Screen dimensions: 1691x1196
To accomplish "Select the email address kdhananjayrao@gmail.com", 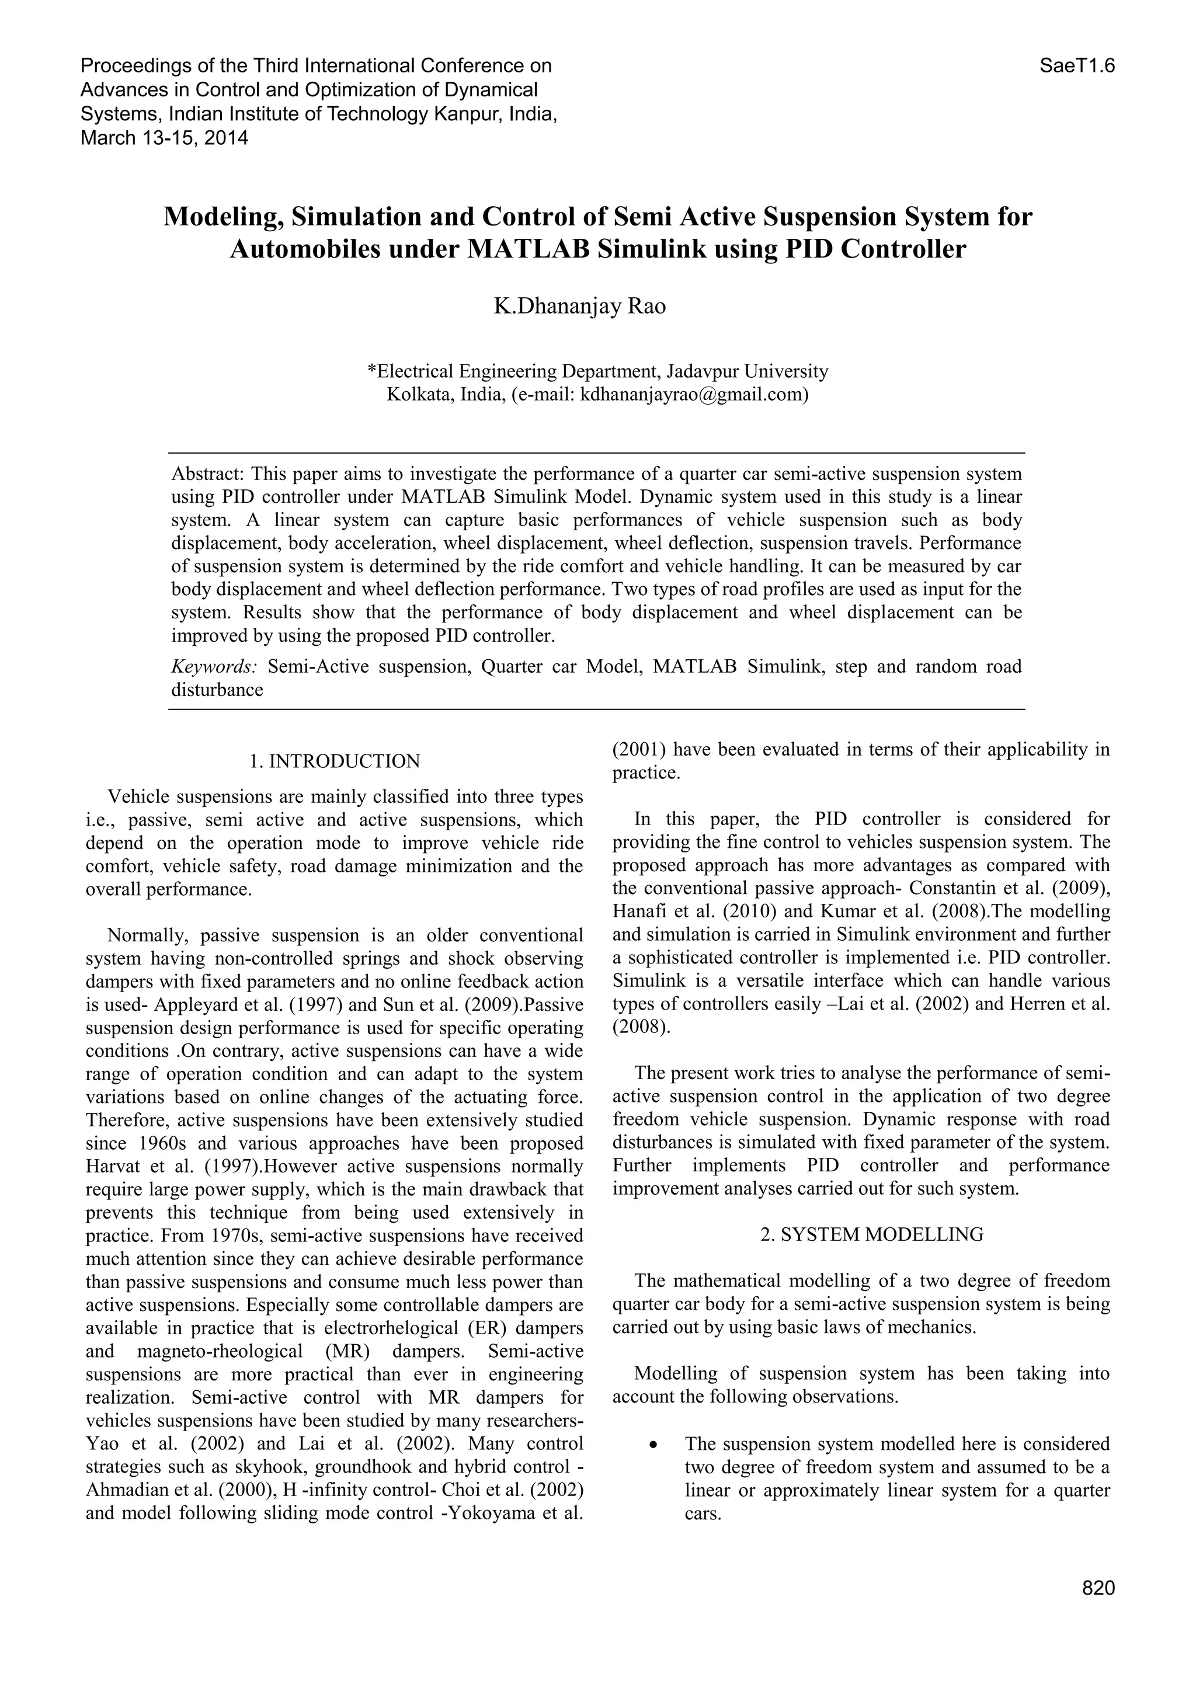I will [691, 395].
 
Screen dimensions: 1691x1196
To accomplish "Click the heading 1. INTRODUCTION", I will [335, 761].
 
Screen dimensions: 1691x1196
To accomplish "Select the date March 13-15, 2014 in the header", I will [164, 138].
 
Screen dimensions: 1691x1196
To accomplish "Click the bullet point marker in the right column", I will [652, 1445].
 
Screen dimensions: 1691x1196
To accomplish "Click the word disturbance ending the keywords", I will [217, 690].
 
